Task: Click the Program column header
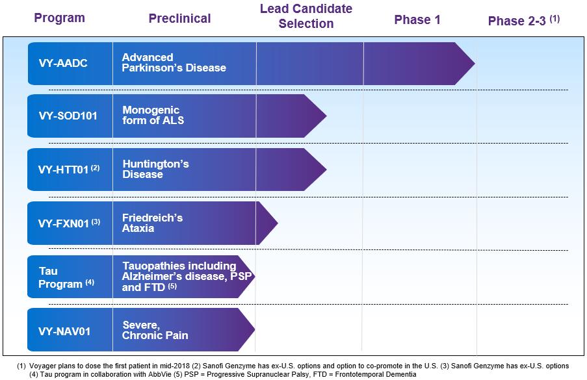pos(60,18)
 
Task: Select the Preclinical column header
pos(179,18)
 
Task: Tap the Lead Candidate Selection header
pos(306,16)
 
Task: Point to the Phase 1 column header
pos(417,19)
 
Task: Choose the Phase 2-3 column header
pos(524,20)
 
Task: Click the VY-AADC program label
pos(63,63)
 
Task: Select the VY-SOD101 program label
pos(68,116)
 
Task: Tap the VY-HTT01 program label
pos(69,170)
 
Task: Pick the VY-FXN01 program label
pos(70,223)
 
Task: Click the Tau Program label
pos(66,277)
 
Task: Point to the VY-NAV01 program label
pos(64,331)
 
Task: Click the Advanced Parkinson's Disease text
pos(174,62)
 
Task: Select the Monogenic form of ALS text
pos(153,115)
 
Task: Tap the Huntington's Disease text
pos(156,169)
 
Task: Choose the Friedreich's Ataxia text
pos(152,223)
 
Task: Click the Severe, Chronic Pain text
pos(155,330)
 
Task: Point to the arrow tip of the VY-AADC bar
pos(475,64)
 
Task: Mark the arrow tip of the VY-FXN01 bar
pos(278,223)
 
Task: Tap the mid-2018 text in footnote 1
pos(177,366)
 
